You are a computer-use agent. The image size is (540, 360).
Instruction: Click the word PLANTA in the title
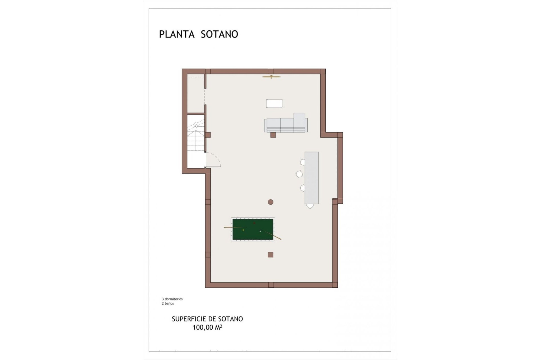coord(177,34)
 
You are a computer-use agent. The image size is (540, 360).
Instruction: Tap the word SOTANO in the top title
coord(219,34)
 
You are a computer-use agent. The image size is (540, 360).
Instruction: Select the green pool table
coord(253,229)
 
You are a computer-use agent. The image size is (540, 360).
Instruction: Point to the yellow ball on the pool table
coord(243,230)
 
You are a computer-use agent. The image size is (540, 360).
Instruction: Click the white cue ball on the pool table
coord(260,231)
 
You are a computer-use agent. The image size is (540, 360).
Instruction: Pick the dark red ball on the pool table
coord(254,223)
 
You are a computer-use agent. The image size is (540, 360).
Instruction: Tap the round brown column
coord(271,202)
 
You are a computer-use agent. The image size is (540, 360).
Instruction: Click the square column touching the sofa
coord(273,135)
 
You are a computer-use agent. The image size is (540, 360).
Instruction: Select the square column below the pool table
coord(270,255)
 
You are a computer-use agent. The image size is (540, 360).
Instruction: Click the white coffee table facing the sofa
coord(275,103)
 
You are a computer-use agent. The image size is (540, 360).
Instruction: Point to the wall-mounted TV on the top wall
coord(271,76)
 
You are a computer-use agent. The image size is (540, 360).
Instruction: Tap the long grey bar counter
coord(312,178)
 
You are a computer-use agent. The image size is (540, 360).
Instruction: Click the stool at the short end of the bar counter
coord(310,206)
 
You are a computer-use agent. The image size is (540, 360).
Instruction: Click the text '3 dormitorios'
coord(172,299)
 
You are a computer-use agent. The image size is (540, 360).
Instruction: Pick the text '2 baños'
coord(168,303)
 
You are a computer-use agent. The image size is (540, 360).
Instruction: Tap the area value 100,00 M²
coord(207,327)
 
